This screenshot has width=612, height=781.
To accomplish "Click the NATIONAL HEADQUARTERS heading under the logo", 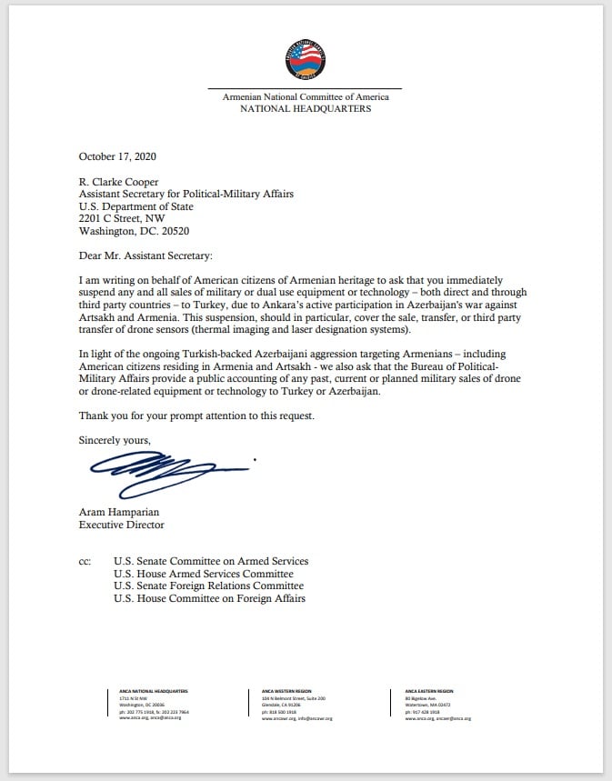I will [305, 108].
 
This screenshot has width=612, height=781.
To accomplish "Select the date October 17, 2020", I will [117, 156].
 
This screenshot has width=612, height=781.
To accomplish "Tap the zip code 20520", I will [178, 232].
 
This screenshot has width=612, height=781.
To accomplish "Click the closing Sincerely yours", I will [115, 441].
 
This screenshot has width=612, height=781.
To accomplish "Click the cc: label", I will [85, 562].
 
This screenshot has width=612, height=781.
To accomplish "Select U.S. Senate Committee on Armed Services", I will [211, 562].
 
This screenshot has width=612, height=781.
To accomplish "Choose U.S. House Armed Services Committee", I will [204, 574].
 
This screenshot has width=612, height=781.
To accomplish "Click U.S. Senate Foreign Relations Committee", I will [208, 586].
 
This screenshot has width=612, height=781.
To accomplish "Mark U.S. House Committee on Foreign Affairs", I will [209, 599].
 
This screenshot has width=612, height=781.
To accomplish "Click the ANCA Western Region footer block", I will [296, 705].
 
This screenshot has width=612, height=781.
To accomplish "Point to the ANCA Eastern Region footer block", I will [437, 705].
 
